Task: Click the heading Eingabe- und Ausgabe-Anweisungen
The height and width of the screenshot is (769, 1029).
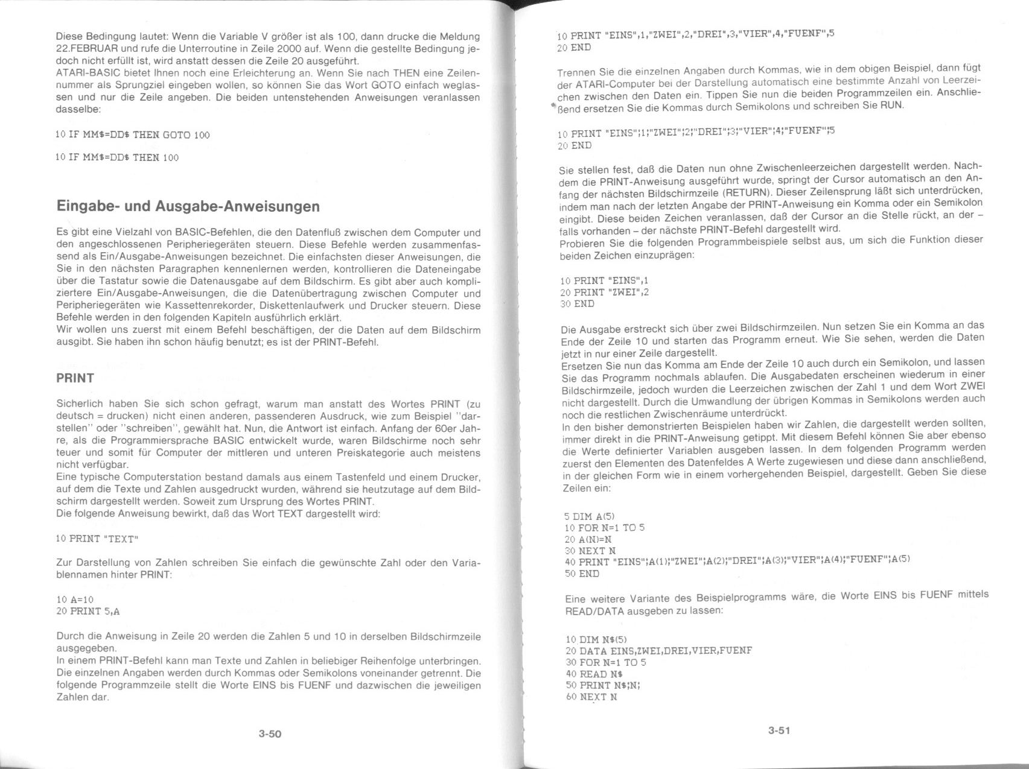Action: pos(188,206)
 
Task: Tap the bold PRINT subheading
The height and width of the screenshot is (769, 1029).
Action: pos(75,378)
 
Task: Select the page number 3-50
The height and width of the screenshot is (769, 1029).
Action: pos(270,734)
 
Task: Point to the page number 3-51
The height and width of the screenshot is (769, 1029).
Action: pos(779,730)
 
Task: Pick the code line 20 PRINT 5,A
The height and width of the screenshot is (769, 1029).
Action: pos(88,611)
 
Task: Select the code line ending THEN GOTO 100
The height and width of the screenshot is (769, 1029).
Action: pos(133,134)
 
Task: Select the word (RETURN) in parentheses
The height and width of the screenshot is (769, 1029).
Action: pos(797,191)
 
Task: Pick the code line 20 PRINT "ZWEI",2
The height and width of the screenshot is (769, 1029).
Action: pos(604,293)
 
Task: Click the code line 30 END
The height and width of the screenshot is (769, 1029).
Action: pos(578,304)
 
